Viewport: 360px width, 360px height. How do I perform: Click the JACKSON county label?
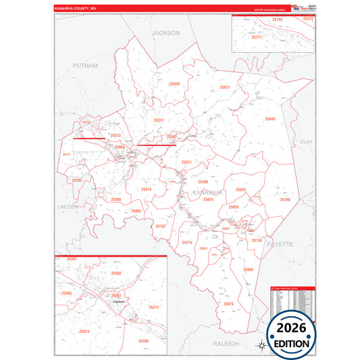coord(165,32)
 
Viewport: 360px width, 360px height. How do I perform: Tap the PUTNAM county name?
coord(86,66)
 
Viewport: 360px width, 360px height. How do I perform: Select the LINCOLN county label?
coord(68,205)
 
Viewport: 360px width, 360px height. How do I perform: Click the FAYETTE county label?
coord(280,243)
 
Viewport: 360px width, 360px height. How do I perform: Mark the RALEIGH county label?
coord(226,343)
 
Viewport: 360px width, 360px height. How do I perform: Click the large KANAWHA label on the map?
coord(207,192)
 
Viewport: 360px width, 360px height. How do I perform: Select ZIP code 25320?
coord(174,84)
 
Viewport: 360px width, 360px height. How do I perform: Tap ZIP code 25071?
coord(225,87)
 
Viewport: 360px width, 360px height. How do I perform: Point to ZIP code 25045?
coord(270,119)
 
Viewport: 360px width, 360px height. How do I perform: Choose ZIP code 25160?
coord(285,200)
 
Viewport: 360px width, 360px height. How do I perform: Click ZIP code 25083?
coord(248,269)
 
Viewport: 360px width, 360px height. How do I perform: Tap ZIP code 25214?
coord(187,242)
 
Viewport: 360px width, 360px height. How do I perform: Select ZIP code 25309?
coord(116,199)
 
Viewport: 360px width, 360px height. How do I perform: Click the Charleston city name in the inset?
coord(101,301)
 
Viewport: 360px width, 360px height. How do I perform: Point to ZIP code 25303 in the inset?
coord(66,293)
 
